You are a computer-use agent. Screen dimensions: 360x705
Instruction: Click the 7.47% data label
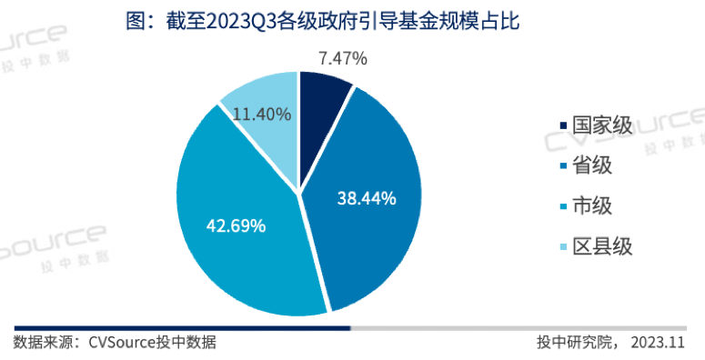click(x=343, y=59)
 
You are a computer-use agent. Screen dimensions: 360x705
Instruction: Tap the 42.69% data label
click(x=235, y=225)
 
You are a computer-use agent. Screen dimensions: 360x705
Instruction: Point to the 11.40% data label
click(x=262, y=115)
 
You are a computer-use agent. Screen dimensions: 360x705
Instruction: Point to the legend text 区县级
click(x=600, y=246)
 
